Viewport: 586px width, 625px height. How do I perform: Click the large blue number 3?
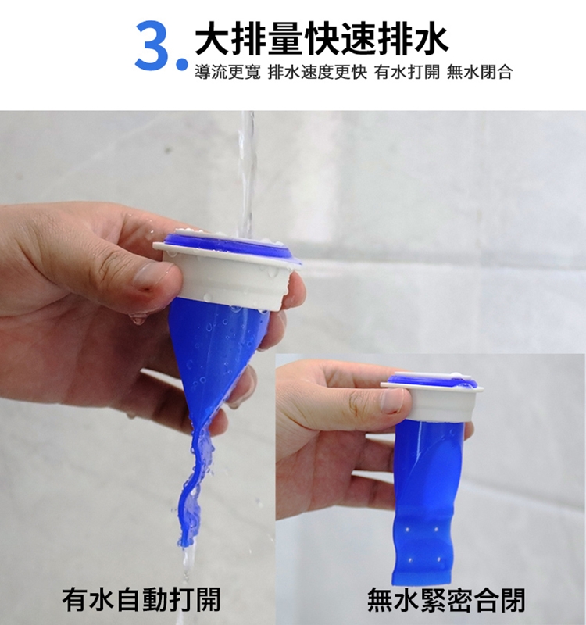coord(153,45)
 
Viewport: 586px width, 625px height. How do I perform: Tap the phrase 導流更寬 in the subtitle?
coord(227,73)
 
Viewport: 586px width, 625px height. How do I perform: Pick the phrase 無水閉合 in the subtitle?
coord(480,73)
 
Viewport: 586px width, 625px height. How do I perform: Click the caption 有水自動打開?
coord(141,599)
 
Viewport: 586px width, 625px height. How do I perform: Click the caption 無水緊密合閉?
coord(446,599)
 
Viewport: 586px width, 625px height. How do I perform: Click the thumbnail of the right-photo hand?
coord(392,400)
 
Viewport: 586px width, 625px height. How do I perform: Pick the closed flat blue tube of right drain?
coord(426,500)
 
